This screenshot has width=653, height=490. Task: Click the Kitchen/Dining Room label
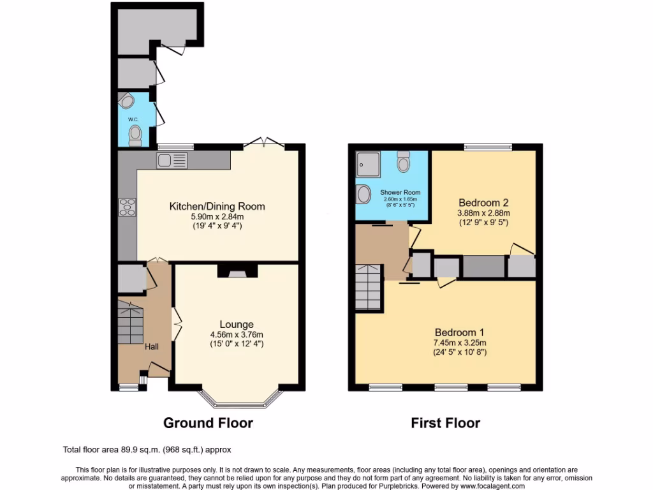(x=217, y=206)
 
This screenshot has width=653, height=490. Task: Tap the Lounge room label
(x=237, y=324)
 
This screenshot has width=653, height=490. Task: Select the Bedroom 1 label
(x=459, y=332)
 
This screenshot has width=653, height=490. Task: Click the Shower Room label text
(x=400, y=192)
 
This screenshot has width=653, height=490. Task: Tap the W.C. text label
(x=133, y=119)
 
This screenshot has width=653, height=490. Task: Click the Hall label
(x=151, y=346)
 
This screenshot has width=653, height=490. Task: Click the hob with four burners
(x=126, y=207)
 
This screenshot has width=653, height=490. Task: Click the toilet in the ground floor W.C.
(x=135, y=134)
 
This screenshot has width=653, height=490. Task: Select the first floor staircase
(x=369, y=286)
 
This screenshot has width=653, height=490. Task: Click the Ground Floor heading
(x=208, y=423)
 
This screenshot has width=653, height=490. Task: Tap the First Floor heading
(x=445, y=423)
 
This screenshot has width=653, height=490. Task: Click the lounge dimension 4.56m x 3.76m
(x=237, y=334)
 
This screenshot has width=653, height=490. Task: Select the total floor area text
(x=151, y=450)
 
